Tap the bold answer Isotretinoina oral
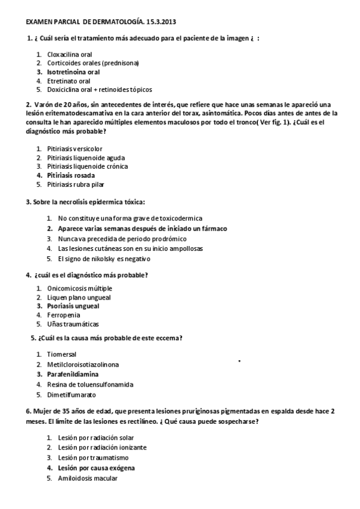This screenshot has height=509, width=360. click(73, 71)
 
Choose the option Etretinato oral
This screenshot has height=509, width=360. click(69, 80)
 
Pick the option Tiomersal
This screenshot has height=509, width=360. click(61, 354)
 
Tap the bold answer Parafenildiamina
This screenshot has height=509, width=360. click(73, 374)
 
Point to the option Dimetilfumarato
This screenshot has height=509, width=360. click(71, 395)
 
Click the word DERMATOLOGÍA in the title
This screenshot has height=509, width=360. click(110, 22)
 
